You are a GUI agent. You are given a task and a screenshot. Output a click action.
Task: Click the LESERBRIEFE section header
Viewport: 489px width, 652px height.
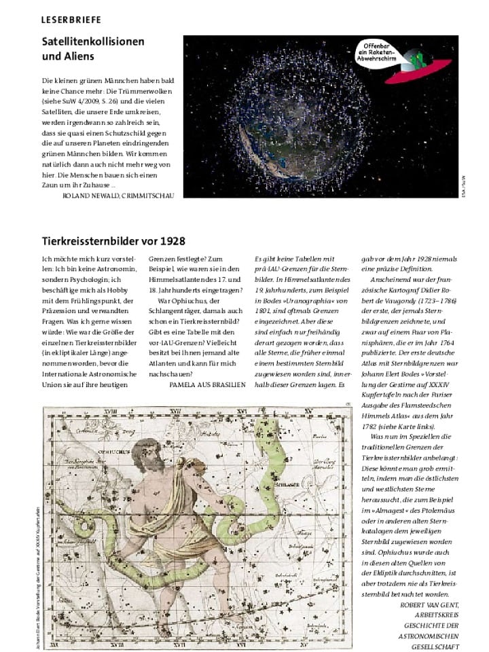[71, 19]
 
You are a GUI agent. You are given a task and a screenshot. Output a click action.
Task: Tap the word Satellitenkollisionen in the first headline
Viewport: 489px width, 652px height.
[93, 41]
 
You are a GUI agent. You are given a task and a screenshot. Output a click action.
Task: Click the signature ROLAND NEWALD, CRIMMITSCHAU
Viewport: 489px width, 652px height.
[118, 195]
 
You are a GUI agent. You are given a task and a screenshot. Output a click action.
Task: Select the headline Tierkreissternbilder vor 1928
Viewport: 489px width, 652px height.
[113, 240]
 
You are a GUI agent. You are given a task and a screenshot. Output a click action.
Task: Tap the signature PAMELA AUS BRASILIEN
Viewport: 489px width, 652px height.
[207, 383]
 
